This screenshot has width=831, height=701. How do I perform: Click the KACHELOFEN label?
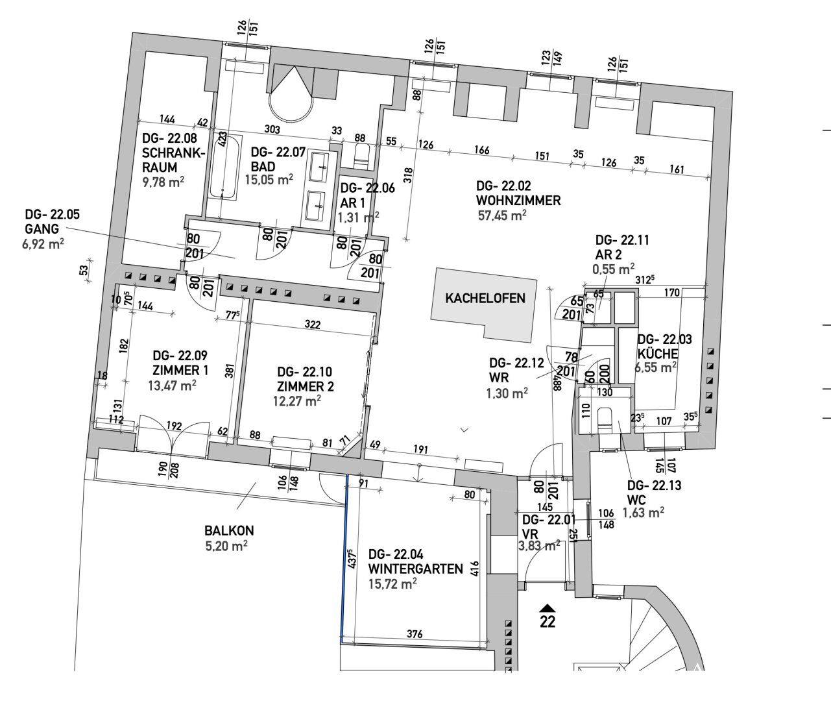[x=485, y=299]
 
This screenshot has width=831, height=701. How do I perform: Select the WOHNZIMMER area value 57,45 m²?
[x=502, y=215]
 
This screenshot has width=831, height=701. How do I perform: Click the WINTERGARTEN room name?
[x=416, y=569]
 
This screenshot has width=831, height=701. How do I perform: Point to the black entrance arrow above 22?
[x=548, y=608]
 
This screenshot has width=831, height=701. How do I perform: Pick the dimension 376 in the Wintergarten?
[x=415, y=633]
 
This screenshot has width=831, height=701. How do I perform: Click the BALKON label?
[x=229, y=530]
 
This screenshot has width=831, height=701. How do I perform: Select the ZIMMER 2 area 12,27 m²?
[x=297, y=401]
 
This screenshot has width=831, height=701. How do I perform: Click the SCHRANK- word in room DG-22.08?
[x=173, y=153]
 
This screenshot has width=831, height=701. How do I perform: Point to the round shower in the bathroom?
[x=291, y=94]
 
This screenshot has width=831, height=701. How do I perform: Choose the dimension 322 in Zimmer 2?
[x=313, y=325]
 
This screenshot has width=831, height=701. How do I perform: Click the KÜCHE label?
[x=658, y=354]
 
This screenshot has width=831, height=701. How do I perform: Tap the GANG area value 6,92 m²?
[x=43, y=243]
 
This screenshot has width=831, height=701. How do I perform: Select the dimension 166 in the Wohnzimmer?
[x=481, y=150]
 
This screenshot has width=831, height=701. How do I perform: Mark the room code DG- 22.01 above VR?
[x=549, y=520]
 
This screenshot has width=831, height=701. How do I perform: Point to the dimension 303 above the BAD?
[x=272, y=129]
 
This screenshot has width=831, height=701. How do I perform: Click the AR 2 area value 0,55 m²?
[x=613, y=269]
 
